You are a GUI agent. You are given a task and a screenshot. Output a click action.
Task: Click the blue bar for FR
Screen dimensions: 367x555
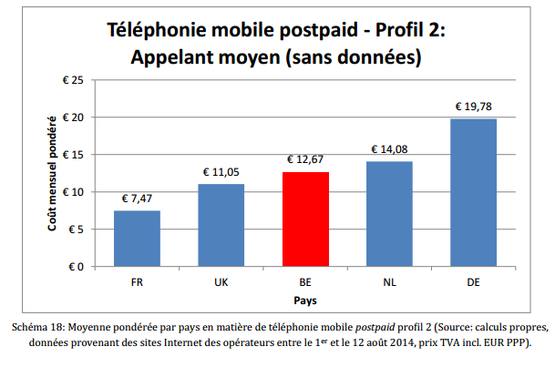coord(137,239)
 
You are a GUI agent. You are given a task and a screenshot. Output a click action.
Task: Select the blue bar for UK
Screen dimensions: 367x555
coord(221,225)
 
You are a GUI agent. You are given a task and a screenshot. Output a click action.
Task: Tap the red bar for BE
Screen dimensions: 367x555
coord(305,219)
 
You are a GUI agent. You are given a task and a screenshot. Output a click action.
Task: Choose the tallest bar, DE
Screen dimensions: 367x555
coord(473,192)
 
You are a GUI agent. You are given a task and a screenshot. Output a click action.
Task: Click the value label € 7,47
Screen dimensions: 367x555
coord(137,199)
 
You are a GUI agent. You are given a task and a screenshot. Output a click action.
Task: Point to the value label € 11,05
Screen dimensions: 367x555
coord(221,172)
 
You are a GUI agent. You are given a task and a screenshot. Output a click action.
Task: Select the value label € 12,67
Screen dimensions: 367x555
coord(305,159)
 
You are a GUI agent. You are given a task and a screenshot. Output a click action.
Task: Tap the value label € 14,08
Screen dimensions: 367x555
coord(389,149)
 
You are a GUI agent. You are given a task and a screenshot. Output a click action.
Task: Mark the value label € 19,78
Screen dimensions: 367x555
coord(473,107)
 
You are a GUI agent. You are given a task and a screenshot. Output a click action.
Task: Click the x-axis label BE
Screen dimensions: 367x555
coord(305,282)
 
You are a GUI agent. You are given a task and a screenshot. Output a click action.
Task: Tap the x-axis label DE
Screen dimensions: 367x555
coord(473,282)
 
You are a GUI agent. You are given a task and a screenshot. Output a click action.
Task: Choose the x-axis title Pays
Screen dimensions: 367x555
coord(305,300)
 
